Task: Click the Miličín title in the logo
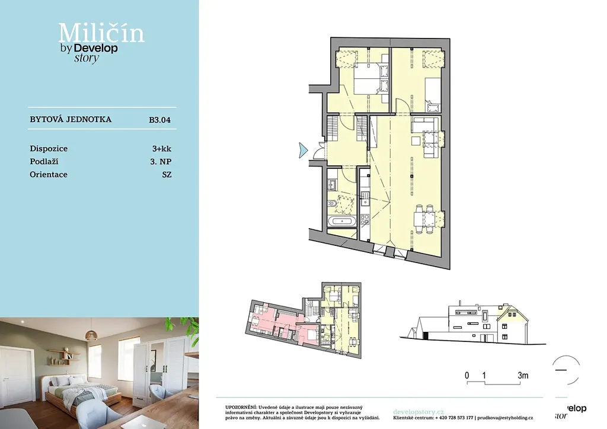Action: (x=101, y=33)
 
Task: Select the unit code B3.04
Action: (x=160, y=120)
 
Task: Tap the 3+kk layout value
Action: (x=161, y=149)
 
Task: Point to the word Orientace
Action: (x=49, y=174)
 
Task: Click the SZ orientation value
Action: (x=167, y=174)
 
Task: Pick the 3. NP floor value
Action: (x=161, y=162)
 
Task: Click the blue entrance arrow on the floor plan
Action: (x=303, y=150)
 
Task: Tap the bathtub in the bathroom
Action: (x=341, y=221)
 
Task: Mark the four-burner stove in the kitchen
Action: (x=365, y=219)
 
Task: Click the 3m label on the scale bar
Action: (x=523, y=375)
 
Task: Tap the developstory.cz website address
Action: (x=418, y=412)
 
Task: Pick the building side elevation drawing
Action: (x=472, y=322)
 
